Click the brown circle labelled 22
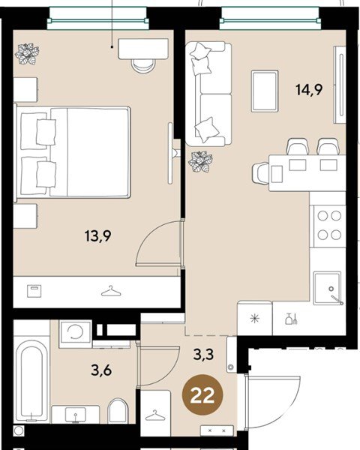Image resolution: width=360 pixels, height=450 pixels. tap(202, 394)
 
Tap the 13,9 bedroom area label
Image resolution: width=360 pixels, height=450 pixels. tap(98, 236)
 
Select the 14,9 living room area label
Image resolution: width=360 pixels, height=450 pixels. tap(309, 89)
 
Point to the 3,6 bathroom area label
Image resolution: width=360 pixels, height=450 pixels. tap(101, 370)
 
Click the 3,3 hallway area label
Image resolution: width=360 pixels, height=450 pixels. tap(203, 355)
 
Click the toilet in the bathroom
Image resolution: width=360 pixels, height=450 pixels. tap(118, 411)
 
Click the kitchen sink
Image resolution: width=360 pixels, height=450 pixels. tap(328, 288)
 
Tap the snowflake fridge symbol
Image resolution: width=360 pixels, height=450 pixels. tap(255, 319)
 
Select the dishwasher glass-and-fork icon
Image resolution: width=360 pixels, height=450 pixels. tap(292, 319)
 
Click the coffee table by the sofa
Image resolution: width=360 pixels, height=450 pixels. tap(265, 91)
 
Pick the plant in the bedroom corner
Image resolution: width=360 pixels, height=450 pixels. tap(27, 54)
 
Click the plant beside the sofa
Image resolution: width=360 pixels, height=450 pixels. tap(200, 162)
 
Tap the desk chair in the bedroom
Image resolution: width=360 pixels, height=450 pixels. tap(143, 66)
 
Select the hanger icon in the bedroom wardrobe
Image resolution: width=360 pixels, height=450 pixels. tap(111, 291)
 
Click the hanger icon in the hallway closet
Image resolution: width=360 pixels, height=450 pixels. tap(155, 415)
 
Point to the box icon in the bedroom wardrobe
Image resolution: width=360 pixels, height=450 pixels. tap(34, 291)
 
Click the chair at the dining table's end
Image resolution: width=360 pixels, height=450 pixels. tap(261, 173)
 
